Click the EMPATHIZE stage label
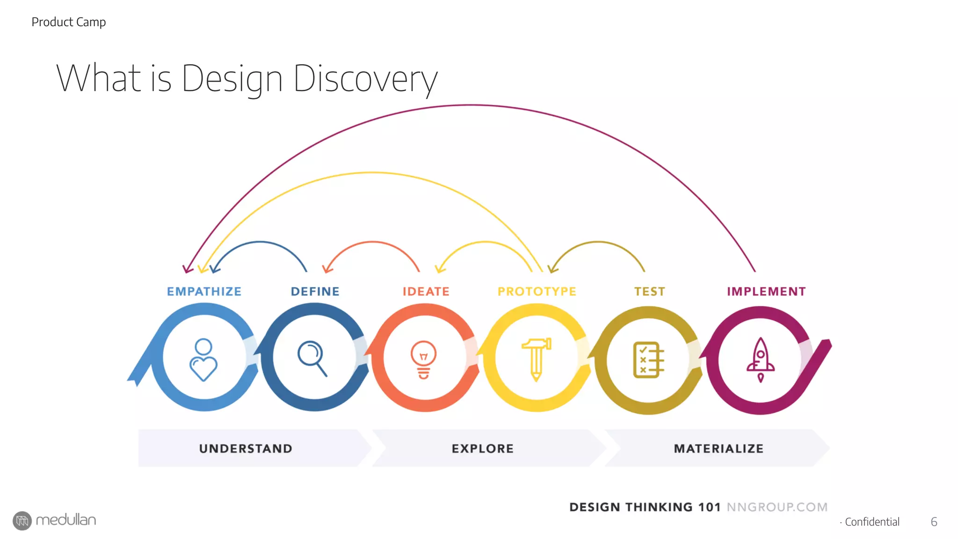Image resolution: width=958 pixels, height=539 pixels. click(x=204, y=291)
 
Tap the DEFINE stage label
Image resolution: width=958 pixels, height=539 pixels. click(x=315, y=291)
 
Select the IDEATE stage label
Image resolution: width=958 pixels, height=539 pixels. click(x=426, y=291)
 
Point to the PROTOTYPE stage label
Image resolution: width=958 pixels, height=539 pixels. click(x=537, y=291)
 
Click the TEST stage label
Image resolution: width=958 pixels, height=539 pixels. click(x=649, y=291)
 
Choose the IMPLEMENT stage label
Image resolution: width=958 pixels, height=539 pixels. click(x=766, y=291)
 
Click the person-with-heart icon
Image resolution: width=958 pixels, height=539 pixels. click(x=203, y=359)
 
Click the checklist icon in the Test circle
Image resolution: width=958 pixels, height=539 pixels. click(x=648, y=360)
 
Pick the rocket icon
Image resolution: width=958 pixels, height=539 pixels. click(x=761, y=360)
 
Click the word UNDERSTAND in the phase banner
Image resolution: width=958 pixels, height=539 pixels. click(x=246, y=449)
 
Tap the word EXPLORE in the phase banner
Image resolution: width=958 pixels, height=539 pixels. click(x=482, y=449)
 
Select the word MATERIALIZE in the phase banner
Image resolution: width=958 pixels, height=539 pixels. click(x=718, y=449)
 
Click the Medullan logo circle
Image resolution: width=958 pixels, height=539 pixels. click(x=22, y=521)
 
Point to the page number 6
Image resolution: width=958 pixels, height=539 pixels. click(x=934, y=522)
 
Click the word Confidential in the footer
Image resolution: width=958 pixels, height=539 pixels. click(x=872, y=522)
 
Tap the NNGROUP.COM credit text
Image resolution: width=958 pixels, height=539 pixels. click(x=777, y=507)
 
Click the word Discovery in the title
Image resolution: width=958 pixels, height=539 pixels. click(x=365, y=79)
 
